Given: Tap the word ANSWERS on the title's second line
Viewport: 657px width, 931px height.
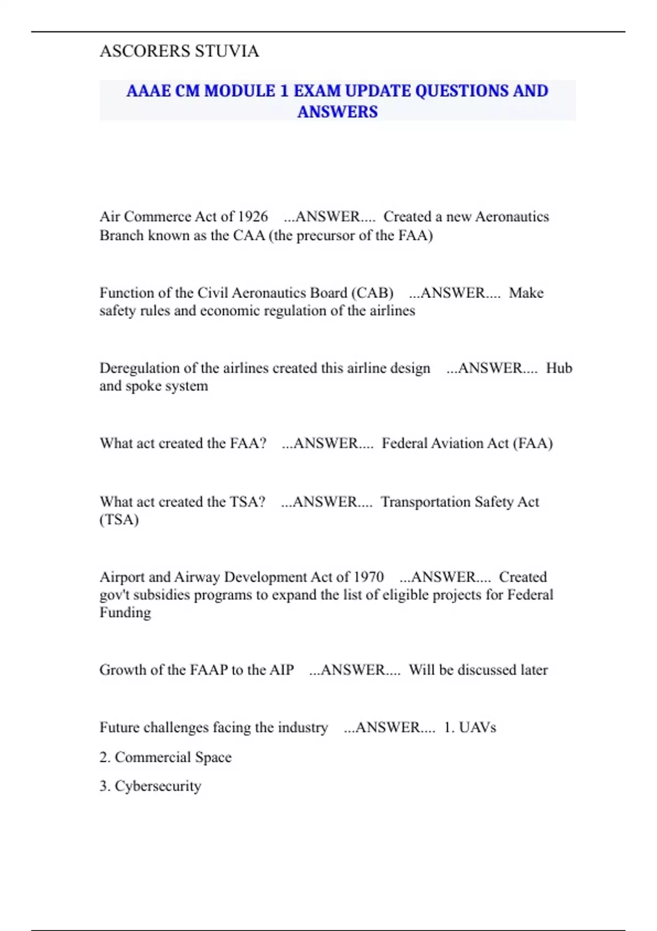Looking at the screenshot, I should point(337,112).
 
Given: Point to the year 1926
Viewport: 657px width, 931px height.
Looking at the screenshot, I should point(252,217).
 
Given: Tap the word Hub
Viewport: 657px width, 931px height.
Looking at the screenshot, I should point(559,368).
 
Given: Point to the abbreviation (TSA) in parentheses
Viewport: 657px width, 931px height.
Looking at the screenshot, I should point(119,520).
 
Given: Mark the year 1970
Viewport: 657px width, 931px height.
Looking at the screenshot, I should point(368,577).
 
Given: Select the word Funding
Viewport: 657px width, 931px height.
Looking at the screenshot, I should point(125,613).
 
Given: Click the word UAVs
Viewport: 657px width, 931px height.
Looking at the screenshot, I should point(477,728).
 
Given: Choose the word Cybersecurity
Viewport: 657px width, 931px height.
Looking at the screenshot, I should point(158,786).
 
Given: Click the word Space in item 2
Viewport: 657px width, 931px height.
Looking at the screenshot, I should point(213,757).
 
